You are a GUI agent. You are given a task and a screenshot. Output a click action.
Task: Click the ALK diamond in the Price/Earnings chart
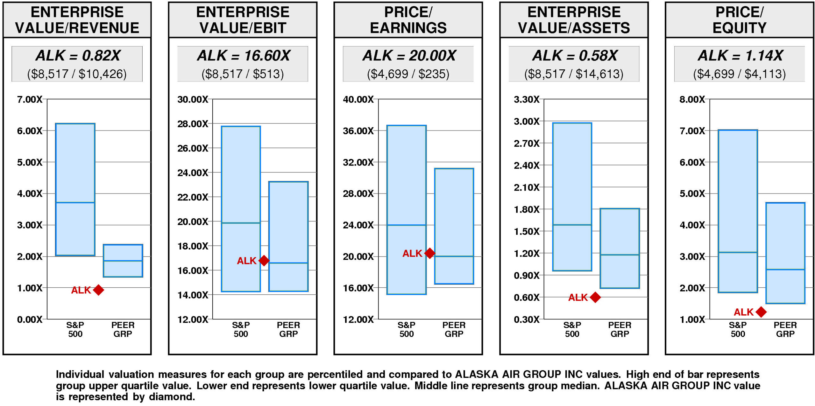(429, 253)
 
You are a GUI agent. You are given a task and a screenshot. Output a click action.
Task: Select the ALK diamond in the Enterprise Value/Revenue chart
(98, 290)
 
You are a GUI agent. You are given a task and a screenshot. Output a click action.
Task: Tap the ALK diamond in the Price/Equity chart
(761, 312)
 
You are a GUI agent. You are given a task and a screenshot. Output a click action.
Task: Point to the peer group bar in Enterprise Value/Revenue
(123, 261)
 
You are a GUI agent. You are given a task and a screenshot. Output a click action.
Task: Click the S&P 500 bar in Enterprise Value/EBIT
(241, 209)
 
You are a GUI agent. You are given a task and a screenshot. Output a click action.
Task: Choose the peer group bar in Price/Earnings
(454, 226)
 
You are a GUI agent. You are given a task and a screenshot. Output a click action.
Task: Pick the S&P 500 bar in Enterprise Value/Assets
(572, 197)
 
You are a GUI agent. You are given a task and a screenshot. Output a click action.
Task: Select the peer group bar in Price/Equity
(785, 253)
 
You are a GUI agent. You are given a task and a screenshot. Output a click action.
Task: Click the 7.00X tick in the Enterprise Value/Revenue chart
(30, 100)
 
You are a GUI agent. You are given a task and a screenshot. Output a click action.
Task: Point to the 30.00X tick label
(193, 100)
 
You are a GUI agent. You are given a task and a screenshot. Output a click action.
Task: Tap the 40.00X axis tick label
(358, 100)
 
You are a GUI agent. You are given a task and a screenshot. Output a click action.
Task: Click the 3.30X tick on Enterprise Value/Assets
(527, 100)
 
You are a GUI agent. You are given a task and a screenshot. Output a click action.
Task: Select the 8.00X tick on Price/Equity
(692, 100)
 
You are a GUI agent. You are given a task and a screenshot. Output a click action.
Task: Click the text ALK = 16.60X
(244, 56)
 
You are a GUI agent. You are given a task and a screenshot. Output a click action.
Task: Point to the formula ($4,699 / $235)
(408, 74)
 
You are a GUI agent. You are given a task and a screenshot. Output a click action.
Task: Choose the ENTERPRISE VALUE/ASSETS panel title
(574, 20)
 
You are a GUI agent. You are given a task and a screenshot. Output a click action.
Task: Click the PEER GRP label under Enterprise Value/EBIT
(288, 329)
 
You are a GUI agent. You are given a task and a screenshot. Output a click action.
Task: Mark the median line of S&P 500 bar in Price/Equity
(738, 252)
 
